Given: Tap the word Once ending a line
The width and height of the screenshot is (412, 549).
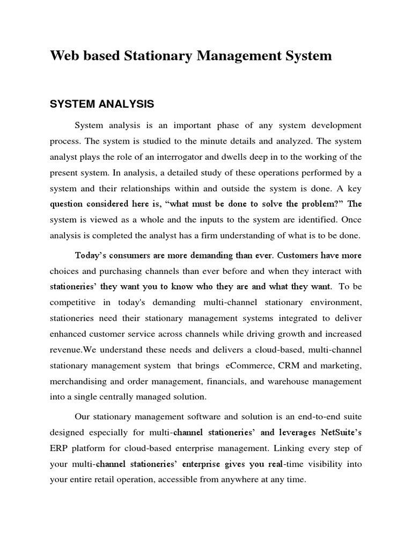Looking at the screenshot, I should pyautogui.click(x=350, y=219).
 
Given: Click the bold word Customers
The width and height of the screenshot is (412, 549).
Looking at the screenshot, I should pyautogui.click(x=306, y=255).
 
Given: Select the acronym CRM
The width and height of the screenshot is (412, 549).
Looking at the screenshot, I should pyautogui.click(x=290, y=366).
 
